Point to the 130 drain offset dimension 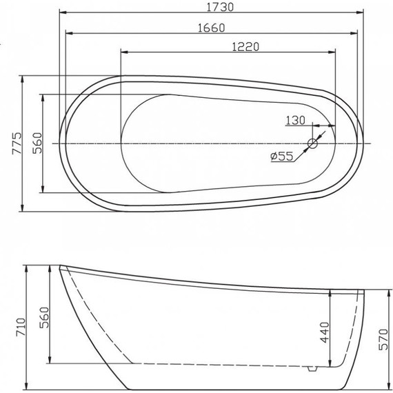(x=295, y=120)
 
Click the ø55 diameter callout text (x=283, y=157)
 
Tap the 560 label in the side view (x=43, y=316)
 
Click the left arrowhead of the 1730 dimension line (x=61, y=12)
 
